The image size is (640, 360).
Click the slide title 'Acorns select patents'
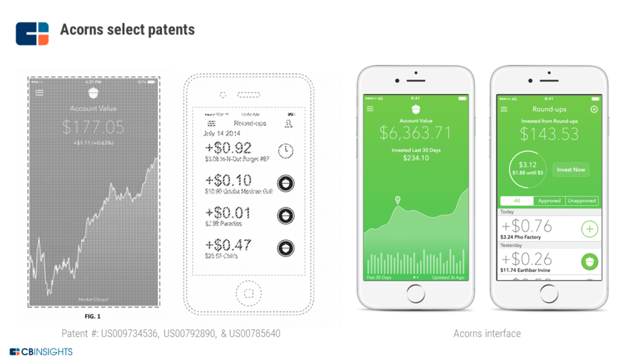pyautogui.click(x=127, y=29)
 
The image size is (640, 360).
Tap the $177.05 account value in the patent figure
pyautogui.click(x=93, y=127)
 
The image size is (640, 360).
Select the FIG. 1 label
pyautogui.click(x=92, y=316)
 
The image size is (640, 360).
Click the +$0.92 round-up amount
pyautogui.click(x=228, y=148)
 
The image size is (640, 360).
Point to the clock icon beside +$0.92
pyautogui.click(x=286, y=150)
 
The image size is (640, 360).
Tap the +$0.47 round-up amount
pyautogui.click(x=228, y=244)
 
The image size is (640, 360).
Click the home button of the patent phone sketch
pyautogui.click(x=248, y=293)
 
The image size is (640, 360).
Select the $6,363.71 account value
pyautogui.click(x=416, y=132)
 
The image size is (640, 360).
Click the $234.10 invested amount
pyautogui.click(x=416, y=158)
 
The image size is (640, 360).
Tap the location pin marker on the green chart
pyautogui.click(x=397, y=200)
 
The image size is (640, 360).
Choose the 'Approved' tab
pyautogui.click(x=549, y=201)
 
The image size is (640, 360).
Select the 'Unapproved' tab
pyautogui.click(x=582, y=201)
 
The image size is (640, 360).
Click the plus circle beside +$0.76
pyautogui.click(x=589, y=229)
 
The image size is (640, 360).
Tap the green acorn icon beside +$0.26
pyautogui.click(x=589, y=261)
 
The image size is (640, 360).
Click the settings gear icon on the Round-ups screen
pyautogui.click(x=594, y=109)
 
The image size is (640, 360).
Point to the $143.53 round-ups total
pyautogui.click(x=549, y=134)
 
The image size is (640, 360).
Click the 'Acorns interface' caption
pyautogui.click(x=487, y=334)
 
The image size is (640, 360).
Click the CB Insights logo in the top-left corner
pyautogui.click(x=32, y=33)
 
